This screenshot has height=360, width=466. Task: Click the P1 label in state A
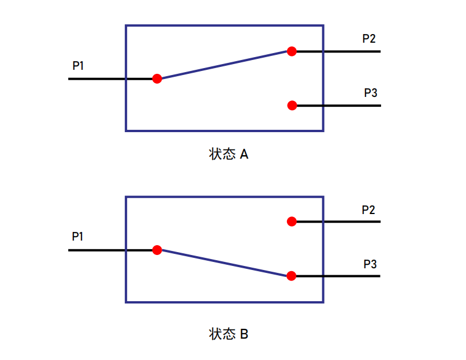78,65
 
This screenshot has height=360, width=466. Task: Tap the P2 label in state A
369,38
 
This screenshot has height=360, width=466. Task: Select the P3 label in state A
371,93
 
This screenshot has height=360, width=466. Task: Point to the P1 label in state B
77,237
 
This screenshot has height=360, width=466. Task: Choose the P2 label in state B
368,209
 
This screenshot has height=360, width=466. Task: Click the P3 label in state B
370,264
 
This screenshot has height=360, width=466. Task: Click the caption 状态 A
229,154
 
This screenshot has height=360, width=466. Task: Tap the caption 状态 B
229,334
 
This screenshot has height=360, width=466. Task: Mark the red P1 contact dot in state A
157,78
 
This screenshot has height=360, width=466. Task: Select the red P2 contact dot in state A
292,51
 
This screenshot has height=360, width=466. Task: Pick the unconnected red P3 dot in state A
292,106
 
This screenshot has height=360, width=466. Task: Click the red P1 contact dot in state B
157,250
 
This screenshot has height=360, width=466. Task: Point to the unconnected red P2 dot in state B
292,222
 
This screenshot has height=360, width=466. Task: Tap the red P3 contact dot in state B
292,276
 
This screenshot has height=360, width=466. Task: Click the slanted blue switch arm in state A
225,65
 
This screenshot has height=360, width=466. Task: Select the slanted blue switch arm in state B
225,263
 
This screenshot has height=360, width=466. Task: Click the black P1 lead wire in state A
110,78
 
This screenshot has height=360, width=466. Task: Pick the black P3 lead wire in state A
339,106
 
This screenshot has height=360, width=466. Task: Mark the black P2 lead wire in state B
338,222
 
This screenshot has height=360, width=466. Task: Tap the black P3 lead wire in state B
338,276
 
